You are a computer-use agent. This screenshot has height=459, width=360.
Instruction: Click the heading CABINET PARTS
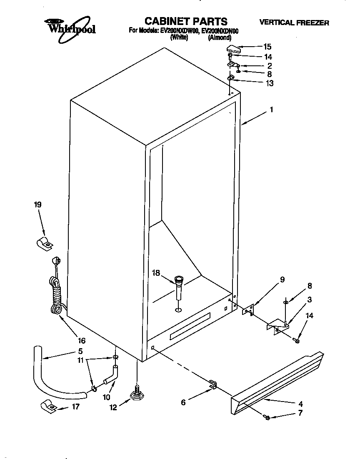(x=186, y=21)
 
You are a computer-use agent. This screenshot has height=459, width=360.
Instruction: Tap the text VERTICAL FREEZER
(x=294, y=23)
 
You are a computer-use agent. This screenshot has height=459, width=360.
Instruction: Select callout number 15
(x=267, y=47)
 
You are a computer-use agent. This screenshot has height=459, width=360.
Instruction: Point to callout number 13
(x=269, y=83)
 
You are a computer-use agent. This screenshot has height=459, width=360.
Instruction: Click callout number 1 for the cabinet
(x=271, y=110)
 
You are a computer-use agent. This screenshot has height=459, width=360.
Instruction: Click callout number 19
(x=38, y=205)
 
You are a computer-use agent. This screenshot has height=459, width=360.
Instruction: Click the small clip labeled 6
(x=212, y=384)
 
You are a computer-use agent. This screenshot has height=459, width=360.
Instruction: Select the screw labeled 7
(x=268, y=417)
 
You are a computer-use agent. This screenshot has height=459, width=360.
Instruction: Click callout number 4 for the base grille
(x=300, y=404)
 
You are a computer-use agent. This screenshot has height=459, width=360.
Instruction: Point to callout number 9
(x=282, y=280)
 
